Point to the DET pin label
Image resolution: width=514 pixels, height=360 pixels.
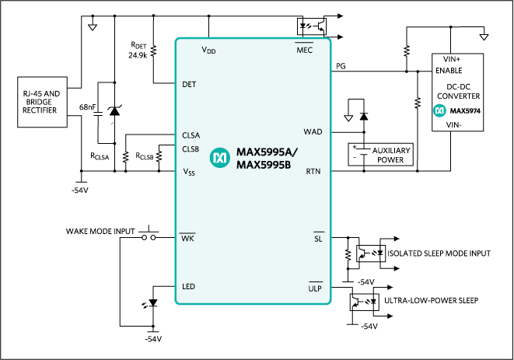(x=189, y=83)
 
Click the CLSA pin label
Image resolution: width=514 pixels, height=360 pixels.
(x=191, y=134)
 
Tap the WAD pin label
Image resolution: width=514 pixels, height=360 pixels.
(x=313, y=131)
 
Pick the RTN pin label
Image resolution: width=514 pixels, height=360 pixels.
(x=313, y=170)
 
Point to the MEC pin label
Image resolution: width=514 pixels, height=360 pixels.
(x=304, y=50)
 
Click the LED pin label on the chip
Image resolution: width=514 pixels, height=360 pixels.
(x=188, y=287)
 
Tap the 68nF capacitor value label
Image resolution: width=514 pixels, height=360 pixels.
(x=88, y=106)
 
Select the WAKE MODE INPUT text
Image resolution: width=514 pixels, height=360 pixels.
(x=100, y=231)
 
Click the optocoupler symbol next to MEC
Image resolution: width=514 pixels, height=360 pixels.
(x=309, y=24)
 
